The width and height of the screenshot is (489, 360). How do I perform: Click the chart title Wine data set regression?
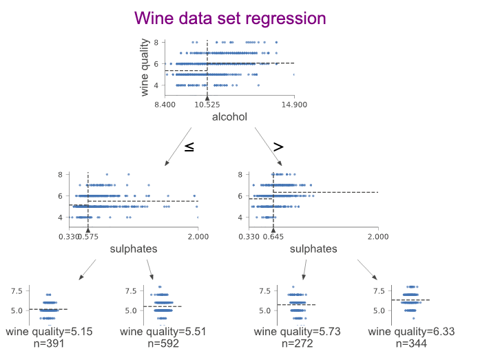(230, 18)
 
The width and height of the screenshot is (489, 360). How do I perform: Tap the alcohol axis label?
(229, 117)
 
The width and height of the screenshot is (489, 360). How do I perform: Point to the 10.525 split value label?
(207, 105)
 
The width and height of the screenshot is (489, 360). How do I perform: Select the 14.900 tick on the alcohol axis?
(294, 105)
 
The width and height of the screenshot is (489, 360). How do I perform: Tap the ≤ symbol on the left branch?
(189, 146)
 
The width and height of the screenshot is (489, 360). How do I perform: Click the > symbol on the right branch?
(278, 146)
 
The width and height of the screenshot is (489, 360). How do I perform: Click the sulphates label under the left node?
(134, 249)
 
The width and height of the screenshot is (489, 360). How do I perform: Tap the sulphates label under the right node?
(313, 249)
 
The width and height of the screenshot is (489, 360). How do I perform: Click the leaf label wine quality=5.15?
(49, 332)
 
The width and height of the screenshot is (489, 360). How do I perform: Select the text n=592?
(153, 343)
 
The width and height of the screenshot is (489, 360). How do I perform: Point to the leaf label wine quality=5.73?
(296, 332)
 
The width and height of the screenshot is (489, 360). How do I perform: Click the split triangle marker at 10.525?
(207, 98)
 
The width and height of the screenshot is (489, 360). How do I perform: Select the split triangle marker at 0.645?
(273, 230)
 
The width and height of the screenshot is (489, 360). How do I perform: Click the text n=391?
(49, 343)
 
